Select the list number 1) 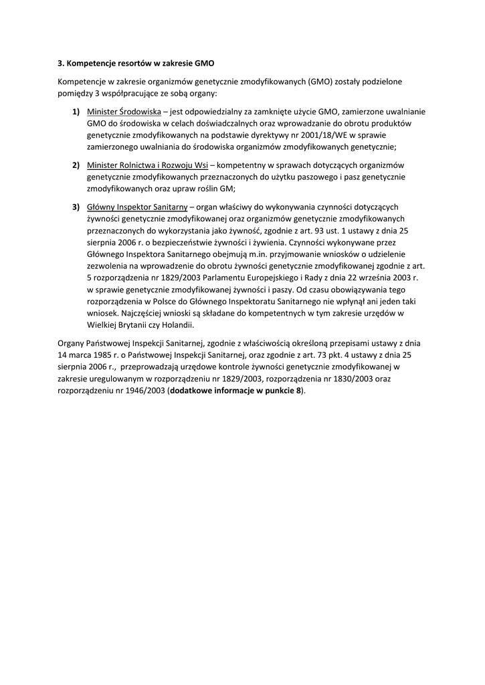(x=77, y=111)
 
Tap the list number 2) (x=77, y=165)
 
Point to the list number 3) (x=77, y=207)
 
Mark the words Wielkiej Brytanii (x=116, y=325)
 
